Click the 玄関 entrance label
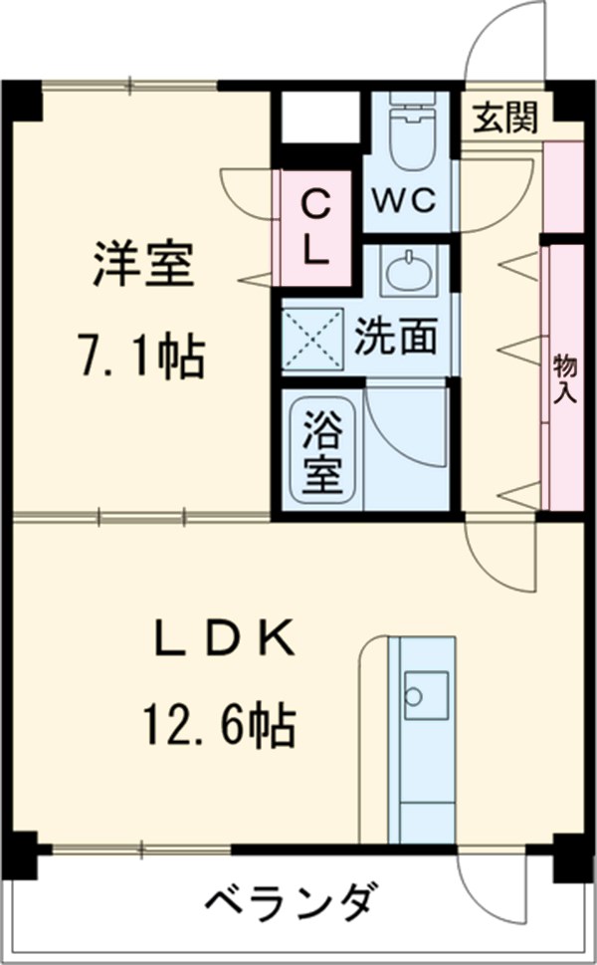point(504,118)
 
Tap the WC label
point(404,201)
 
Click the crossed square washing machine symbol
point(312,339)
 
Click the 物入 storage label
point(562,377)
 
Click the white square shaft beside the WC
point(317,118)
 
